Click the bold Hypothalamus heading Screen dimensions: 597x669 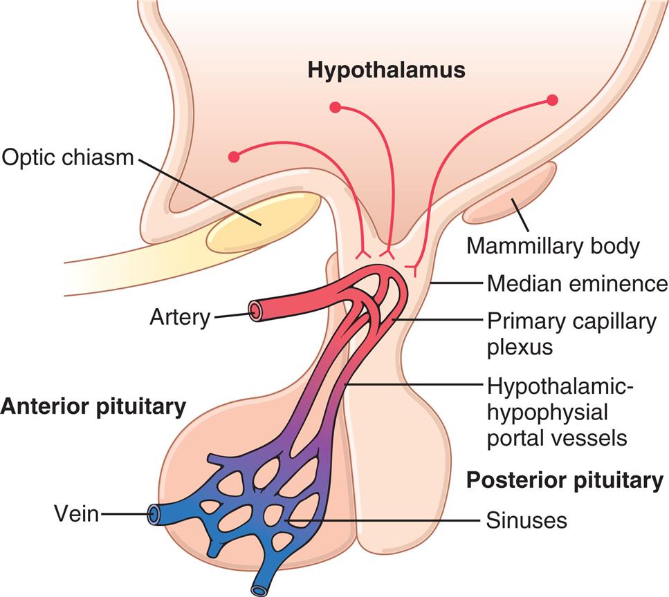click(x=387, y=70)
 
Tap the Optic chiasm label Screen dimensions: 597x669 click(x=67, y=158)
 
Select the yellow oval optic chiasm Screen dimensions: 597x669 click(x=263, y=222)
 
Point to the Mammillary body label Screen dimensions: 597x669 click(x=553, y=246)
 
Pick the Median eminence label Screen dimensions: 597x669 click(x=577, y=283)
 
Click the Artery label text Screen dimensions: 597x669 click(x=179, y=318)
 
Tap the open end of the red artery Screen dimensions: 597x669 click(x=256, y=312)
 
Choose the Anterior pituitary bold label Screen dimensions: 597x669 click(x=93, y=407)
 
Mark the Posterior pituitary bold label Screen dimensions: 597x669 click(x=565, y=480)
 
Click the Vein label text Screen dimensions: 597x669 click(x=76, y=513)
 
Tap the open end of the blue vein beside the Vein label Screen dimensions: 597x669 click(x=153, y=514)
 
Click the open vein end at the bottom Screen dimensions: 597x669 click(x=259, y=589)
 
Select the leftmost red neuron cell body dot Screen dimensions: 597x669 click(x=234, y=157)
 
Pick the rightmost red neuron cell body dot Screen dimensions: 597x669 click(x=552, y=100)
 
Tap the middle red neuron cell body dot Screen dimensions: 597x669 click(x=336, y=107)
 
